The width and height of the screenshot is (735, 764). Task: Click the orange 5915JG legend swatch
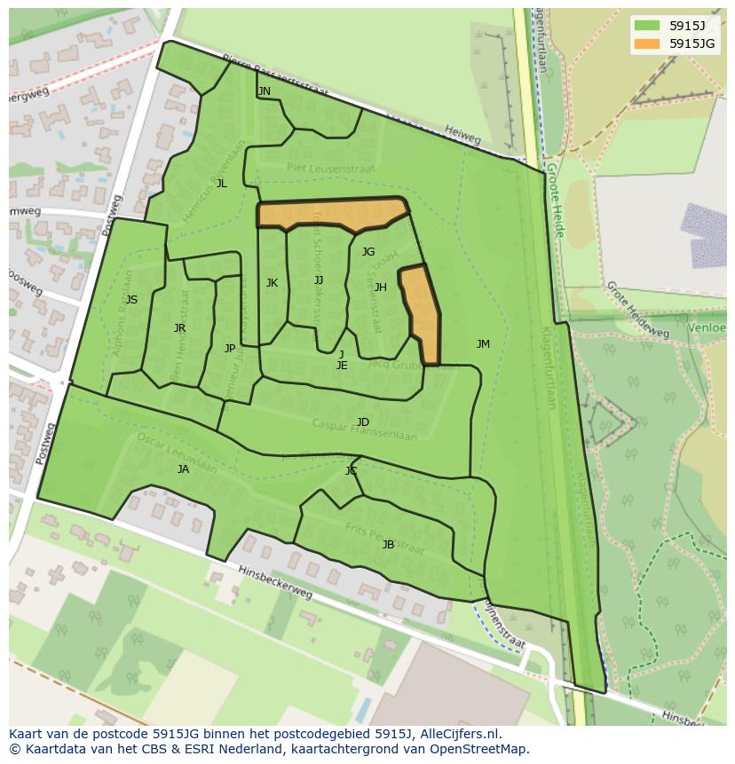click(x=647, y=43)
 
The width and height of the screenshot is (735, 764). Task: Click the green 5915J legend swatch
click(x=647, y=25)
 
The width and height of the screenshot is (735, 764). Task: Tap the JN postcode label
click(x=264, y=91)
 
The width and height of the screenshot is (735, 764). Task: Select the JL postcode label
click(x=222, y=184)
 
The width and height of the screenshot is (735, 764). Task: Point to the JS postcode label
click(x=131, y=300)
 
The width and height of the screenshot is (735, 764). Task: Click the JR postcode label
click(x=180, y=328)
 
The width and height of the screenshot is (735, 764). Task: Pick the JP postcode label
click(x=230, y=349)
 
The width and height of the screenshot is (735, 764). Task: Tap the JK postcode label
click(x=272, y=283)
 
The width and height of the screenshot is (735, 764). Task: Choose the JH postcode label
click(x=381, y=287)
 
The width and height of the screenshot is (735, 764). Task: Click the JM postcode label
click(x=483, y=344)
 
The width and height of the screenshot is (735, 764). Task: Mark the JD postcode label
click(x=363, y=422)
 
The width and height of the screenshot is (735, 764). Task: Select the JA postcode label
click(x=183, y=469)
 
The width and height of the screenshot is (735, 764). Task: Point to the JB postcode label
click(x=388, y=545)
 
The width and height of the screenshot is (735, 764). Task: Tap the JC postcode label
click(x=351, y=471)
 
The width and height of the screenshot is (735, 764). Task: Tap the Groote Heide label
click(x=555, y=201)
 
